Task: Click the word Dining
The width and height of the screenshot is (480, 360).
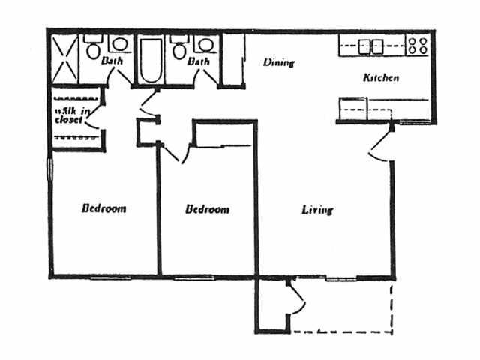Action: click(x=278, y=63)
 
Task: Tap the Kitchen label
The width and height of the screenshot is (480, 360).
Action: click(x=380, y=78)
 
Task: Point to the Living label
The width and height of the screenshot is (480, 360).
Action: click(x=317, y=210)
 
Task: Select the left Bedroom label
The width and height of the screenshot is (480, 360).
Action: click(x=103, y=208)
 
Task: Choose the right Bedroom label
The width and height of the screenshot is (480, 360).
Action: click(x=207, y=210)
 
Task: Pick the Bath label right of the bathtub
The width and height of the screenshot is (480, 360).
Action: click(x=199, y=61)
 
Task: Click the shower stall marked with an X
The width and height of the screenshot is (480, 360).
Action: click(x=65, y=57)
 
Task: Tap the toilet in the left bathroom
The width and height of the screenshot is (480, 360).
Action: click(x=93, y=52)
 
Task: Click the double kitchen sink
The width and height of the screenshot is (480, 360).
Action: click(x=372, y=46)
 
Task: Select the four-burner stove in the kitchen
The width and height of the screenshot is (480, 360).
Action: click(x=418, y=45)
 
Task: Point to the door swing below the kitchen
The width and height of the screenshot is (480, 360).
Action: click(x=381, y=148)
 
